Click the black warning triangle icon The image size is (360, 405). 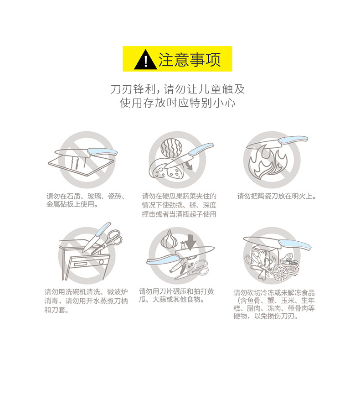tap(145, 60)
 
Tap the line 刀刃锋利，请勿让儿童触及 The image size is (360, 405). tap(178, 89)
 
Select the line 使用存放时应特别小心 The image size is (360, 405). tap(178, 103)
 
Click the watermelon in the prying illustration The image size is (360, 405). tap(171, 148)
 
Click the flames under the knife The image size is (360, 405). tap(268, 162)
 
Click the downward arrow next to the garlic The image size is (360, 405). tap(191, 242)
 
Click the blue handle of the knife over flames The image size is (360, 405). tap(293, 140)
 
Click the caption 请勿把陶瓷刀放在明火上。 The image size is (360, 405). tap(277, 196)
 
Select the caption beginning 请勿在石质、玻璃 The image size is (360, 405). tap(86, 200)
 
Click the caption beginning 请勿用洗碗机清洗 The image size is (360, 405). tap(86, 301)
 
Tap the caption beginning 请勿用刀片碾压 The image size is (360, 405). tap(176, 296)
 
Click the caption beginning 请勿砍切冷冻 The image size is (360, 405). tap(274, 305)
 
